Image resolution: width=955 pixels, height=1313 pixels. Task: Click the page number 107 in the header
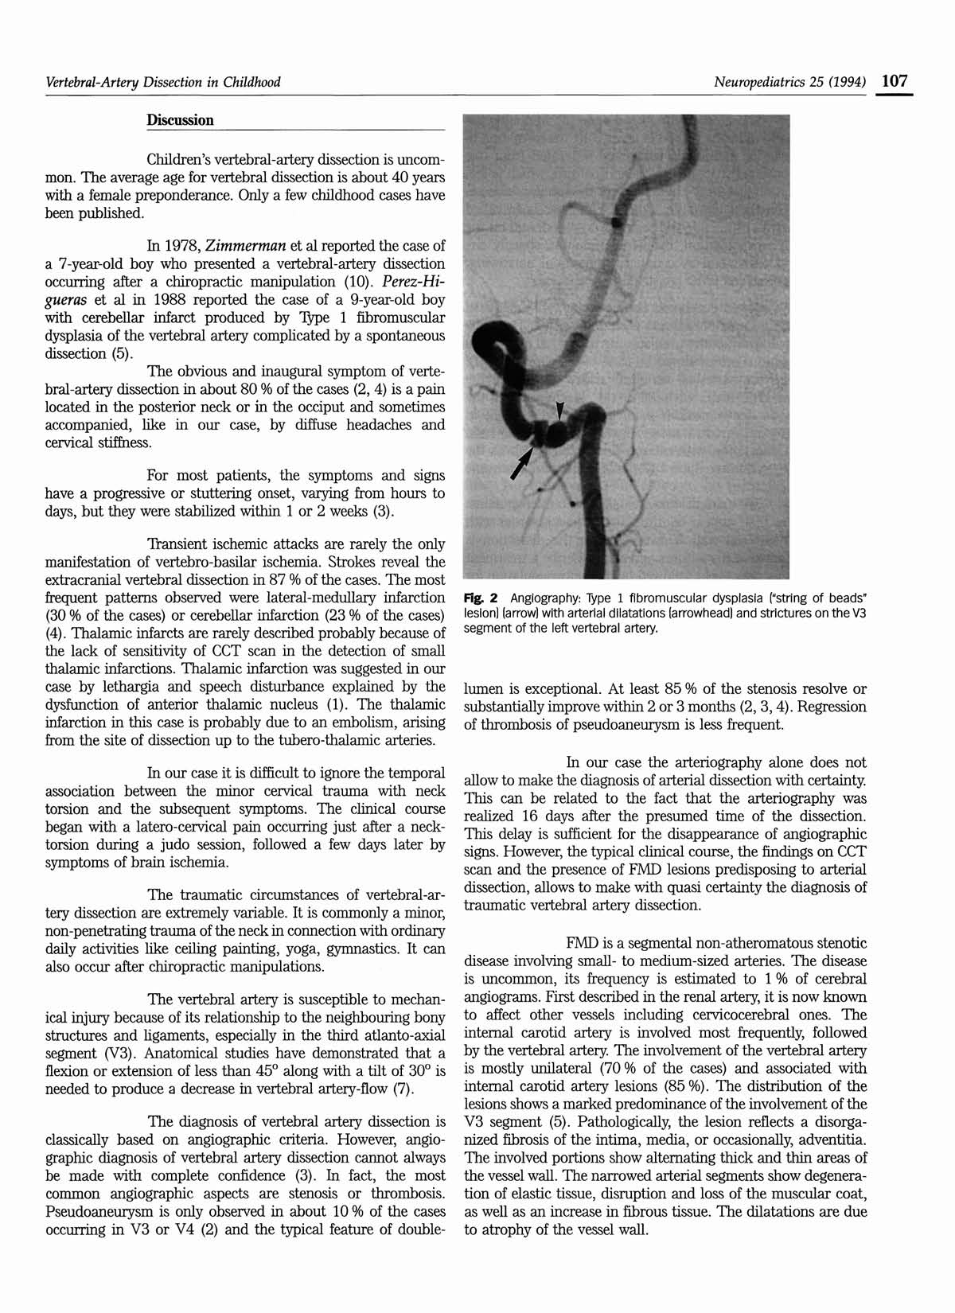coord(895,81)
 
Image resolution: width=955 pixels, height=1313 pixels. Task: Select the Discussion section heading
coord(180,120)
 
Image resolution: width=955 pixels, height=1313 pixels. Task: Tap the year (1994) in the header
coord(846,82)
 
